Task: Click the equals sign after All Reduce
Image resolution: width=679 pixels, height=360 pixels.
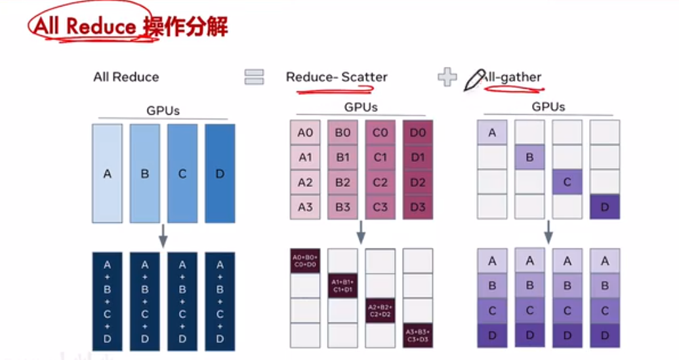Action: (x=254, y=77)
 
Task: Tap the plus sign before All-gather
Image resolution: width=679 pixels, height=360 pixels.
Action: (x=447, y=77)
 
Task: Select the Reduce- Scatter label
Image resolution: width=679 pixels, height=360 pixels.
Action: (x=337, y=77)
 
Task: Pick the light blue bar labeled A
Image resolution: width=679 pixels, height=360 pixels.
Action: (x=108, y=174)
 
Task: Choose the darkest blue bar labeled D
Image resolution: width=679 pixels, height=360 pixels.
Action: (x=220, y=174)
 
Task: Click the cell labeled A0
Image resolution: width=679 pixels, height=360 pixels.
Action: (x=305, y=133)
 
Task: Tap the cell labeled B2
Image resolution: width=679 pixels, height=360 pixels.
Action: (x=342, y=183)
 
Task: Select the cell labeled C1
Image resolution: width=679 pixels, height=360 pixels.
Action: (x=380, y=158)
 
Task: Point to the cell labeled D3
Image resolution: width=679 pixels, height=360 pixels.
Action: (x=417, y=208)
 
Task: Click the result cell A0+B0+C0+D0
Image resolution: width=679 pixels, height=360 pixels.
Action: (x=305, y=260)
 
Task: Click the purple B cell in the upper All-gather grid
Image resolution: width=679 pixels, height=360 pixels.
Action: (x=529, y=158)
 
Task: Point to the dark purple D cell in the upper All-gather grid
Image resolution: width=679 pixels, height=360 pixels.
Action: (x=604, y=208)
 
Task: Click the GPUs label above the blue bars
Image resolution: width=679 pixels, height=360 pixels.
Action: (x=163, y=111)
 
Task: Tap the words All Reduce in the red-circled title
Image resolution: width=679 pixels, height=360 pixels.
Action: (x=85, y=27)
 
